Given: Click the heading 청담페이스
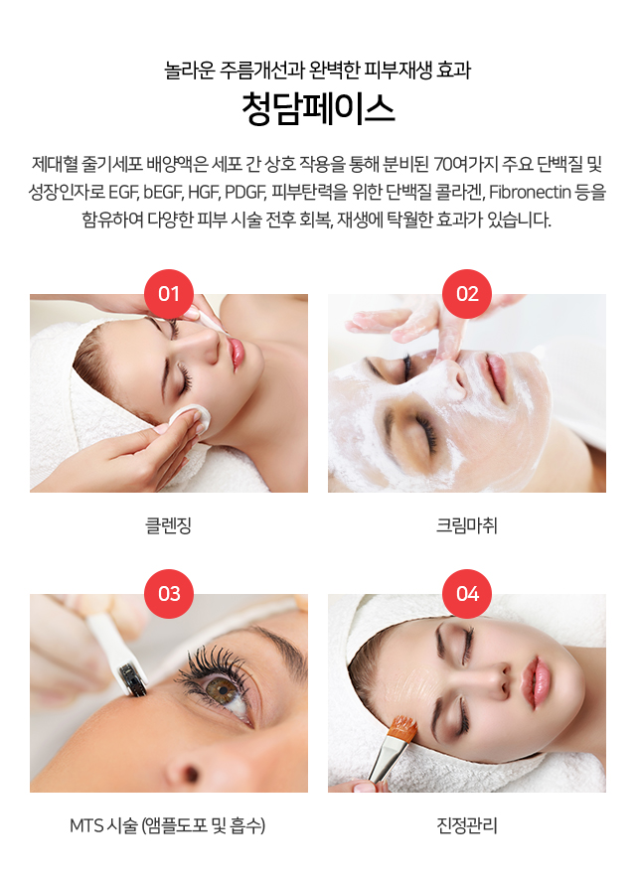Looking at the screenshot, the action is (318, 109).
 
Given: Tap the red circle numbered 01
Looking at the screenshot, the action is (169, 294).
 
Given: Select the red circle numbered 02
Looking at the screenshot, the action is (467, 294).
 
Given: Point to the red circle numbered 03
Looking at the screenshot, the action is (169, 594).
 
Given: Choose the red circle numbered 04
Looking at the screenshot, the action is (467, 594).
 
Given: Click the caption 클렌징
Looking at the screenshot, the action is (169, 525).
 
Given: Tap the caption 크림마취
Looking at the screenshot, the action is (467, 525).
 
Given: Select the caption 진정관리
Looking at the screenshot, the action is (467, 826).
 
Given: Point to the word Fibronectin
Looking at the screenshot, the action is (530, 193).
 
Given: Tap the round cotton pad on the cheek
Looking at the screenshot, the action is (190, 419).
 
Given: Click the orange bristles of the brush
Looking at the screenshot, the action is (403, 728).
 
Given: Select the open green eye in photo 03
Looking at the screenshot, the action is (223, 688).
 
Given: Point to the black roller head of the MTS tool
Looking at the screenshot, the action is (133, 679).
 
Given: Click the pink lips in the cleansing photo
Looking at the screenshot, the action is (237, 354).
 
